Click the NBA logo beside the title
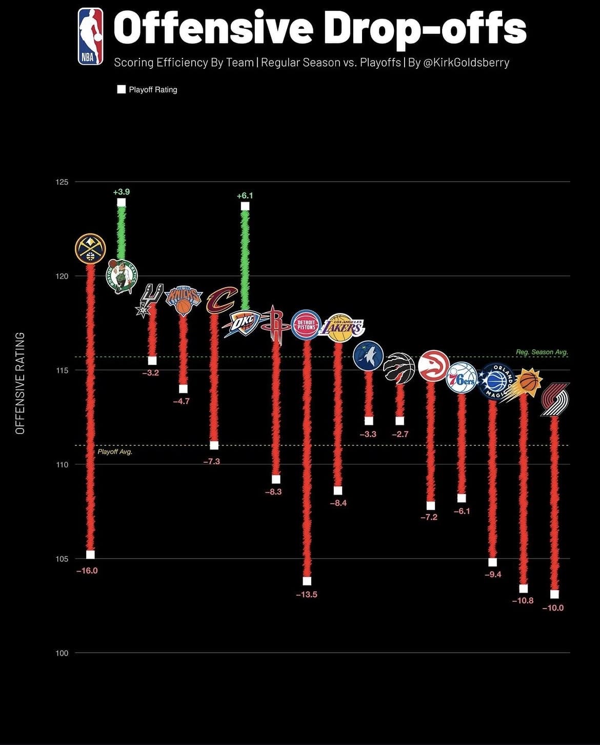[x=90, y=36]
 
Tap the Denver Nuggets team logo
[x=90, y=249]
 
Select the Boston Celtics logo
[x=122, y=276]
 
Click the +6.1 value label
[x=245, y=195]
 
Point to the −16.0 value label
[x=87, y=571]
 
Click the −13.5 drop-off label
[x=306, y=594]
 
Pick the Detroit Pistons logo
[x=306, y=325]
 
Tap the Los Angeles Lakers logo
[x=341, y=327]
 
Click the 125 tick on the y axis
[x=62, y=182]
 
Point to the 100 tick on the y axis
[x=62, y=653]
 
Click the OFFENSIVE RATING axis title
[x=21, y=383]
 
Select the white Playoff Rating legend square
[x=122, y=89]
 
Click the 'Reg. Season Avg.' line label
[x=542, y=352]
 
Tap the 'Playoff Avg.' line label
[x=115, y=452]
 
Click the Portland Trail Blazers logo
[x=555, y=400]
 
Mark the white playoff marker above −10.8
[x=523, y=589]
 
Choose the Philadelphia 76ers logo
[x=462, y=378]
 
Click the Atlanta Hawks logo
[x=433, y=366]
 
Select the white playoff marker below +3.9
[x=122, y=202]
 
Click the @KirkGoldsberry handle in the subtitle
[x=466, y=63]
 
